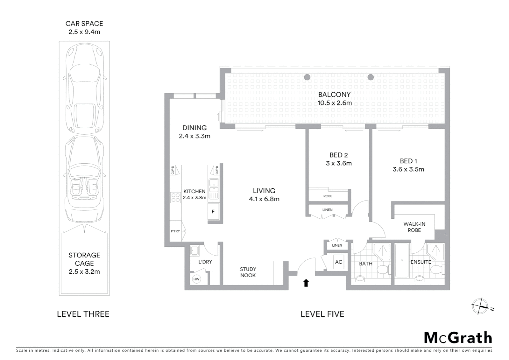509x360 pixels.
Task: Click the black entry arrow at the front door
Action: pyautogui.click(x=306, y=283)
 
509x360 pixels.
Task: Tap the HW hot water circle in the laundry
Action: pyautogui.click(x=196, y=279)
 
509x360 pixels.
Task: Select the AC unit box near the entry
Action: pyautogui.click(x=338, y=262)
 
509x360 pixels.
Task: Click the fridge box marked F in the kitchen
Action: pyautogui.click(x=213, y=212)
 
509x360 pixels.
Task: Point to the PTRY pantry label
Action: pyautogui.click(x=175, y=231)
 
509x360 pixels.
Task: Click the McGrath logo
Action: pyautogui.click(x=458, y=338)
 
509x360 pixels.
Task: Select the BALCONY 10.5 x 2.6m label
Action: pyautogui.click(x=334, y=99)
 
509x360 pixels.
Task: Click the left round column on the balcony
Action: pyautogui.click(x=307, y=77)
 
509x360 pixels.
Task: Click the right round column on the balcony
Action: pyautogui.click(x=370, y=77)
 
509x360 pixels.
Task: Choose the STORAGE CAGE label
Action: pyautogui.click(x=84, y=263)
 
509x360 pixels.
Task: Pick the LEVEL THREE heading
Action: pyautogui.click(x=83, y=314)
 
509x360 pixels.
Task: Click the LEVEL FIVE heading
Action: pyautogui.click(x=322, y=314)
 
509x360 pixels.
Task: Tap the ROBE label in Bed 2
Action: pyautogui.click(x=328, y=196)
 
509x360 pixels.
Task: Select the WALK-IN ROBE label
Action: pyautogui.click(x=414, y=227)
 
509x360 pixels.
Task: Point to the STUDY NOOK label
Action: pyautogui.click(x=248, y=272)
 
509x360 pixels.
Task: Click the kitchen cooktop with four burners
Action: pyautogui.click(x=175, y=197)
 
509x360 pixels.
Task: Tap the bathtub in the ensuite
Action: pyautogui.click(x=402, y=261)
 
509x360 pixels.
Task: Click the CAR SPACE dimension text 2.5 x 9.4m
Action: pyautogui.click(x=84, y=32)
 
